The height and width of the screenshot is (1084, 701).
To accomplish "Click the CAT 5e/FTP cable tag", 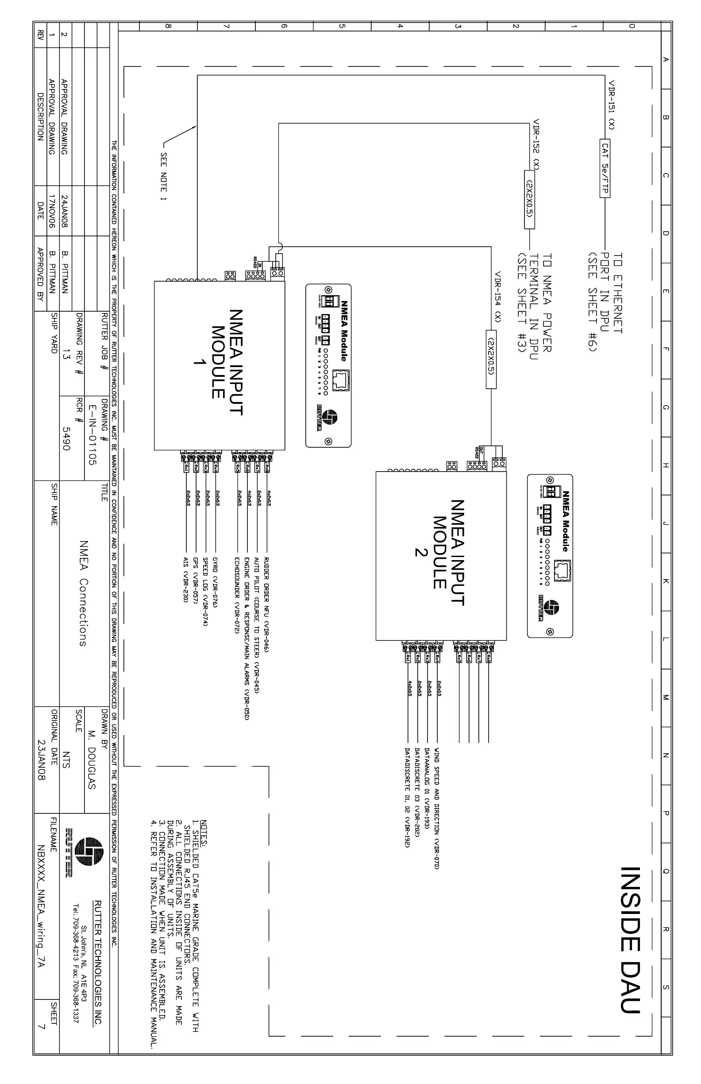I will [x=605, y=168].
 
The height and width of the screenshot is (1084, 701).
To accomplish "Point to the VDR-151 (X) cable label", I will [x=612, y=105].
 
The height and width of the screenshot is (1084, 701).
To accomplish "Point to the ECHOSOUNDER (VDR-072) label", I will [x=237, y=594].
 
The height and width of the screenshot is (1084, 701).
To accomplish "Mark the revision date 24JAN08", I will [x=65, y=212].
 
